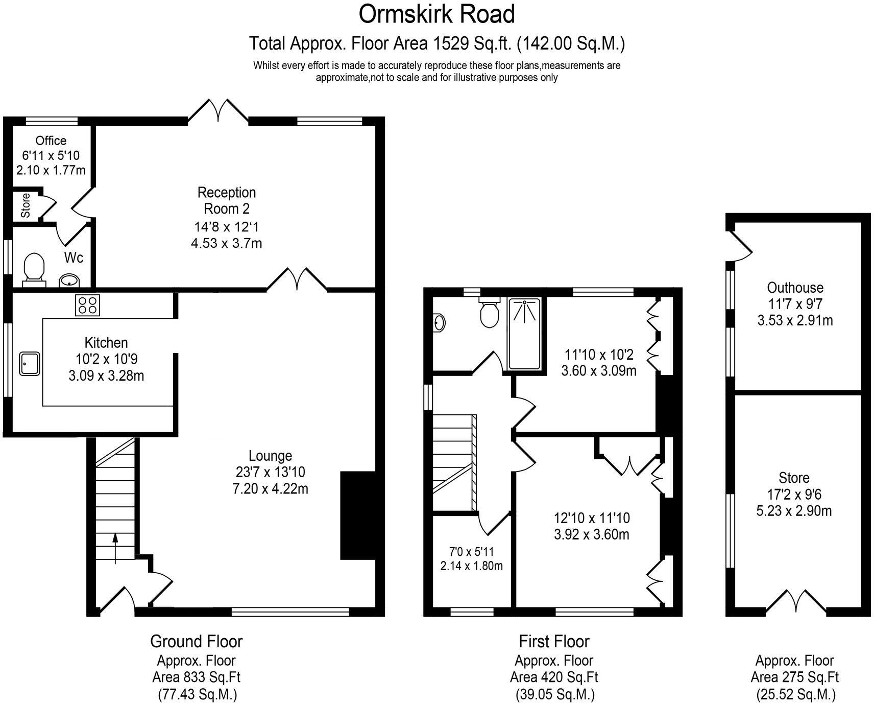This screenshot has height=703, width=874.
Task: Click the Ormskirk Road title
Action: click(436, 14)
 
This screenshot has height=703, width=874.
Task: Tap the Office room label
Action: click(51, 140)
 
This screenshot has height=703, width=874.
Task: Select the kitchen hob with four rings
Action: click(87, 305)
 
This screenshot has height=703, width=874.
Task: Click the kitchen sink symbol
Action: click(30, 364)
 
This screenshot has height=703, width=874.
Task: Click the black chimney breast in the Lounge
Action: click(358, 515)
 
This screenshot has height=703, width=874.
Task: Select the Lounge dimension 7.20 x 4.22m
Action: click(270, 489)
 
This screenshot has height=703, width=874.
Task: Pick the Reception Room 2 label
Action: click(226, 200)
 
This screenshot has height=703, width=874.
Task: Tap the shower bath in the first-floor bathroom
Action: click(524, 334)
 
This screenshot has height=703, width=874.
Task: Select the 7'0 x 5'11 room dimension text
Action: click(471, 552)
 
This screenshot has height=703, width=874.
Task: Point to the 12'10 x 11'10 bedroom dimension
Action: click(592, 518)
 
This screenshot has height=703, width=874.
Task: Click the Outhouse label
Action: click(795, 287)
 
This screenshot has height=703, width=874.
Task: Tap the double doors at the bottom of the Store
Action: click(795, 601)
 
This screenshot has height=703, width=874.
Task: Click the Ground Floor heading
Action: click(196, 641)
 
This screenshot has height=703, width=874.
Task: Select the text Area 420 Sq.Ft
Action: click(554, 677)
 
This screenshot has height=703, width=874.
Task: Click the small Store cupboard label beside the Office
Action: click(26, 205)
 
